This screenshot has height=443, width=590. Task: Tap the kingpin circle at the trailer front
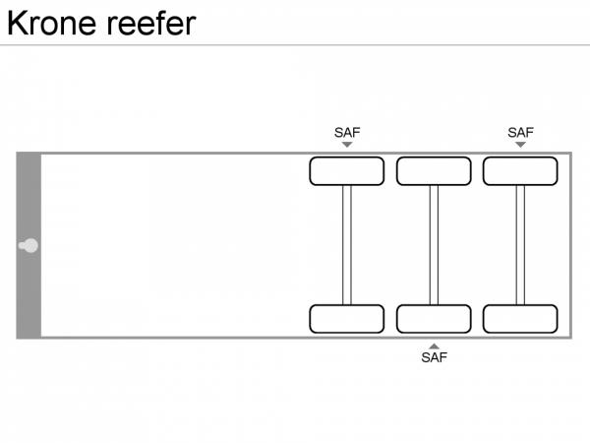pos(30,245)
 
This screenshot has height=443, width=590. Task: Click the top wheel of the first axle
pos(347,171)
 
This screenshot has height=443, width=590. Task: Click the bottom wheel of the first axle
pos(347,319)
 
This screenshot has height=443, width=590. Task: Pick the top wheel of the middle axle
pos(434,171)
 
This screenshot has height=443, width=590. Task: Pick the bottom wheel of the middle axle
pos(434,319)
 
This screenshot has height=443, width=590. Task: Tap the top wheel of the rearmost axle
pos(520,171)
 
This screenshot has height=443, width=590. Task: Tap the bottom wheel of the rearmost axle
pos(520,319)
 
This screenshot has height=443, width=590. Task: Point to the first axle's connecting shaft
pos(347,245)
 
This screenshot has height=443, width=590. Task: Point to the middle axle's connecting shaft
pos(434,245)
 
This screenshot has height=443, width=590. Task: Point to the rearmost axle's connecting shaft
pos(520,245)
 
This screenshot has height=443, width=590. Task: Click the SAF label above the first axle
pos(347,132)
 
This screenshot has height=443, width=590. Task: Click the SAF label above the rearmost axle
pos(520,132)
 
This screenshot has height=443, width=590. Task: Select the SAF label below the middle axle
pos(434,357)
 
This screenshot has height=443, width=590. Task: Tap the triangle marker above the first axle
pos(347,145)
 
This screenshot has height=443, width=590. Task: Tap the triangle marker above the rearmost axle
pos(520,145)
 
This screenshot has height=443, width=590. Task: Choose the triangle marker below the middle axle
pos(434,346)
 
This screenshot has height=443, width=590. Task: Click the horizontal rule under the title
pos(295,45)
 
